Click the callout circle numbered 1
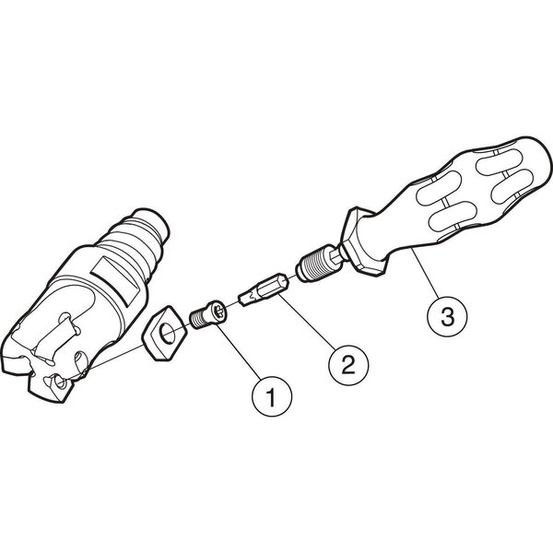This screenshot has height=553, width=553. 272,396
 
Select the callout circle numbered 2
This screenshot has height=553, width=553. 348,365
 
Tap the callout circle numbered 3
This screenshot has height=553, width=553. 447,316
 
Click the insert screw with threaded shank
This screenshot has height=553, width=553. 207,314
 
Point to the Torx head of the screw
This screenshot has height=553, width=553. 218,310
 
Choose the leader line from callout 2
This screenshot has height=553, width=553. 307,322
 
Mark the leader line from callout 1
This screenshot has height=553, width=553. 239,352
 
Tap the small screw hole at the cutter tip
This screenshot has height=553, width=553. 59,382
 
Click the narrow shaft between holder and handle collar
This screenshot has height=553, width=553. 336,254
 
